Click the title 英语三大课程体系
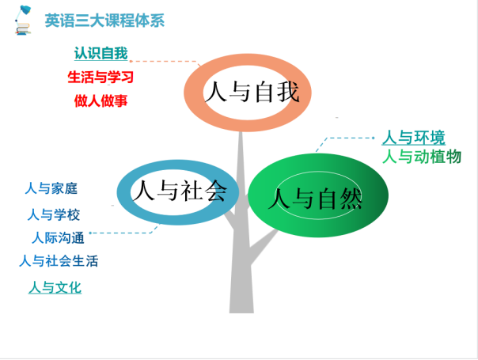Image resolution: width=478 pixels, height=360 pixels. [x=104, y=21]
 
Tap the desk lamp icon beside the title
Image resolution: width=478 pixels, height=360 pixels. [x=23, y=20]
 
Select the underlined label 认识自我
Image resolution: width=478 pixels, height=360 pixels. [x=101, y=53]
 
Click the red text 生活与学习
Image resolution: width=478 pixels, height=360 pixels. [x=101, y=77]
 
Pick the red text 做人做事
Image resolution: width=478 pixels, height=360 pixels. [x=101, y=100]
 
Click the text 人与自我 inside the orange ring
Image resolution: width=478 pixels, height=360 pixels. [x=252, y=92]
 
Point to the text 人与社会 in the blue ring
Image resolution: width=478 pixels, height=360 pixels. [x=180, y=190]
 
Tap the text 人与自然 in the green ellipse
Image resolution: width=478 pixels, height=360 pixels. [x=315, y=199]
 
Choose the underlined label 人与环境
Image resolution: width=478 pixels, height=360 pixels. [x=414, y=138]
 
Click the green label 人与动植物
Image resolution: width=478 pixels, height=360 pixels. [x=422, y=157]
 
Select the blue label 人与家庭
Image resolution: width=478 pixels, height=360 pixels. [x=51, y=188]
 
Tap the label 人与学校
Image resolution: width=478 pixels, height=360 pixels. [x=54, y=214]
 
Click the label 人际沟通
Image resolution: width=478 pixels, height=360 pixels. [x=58, y=238]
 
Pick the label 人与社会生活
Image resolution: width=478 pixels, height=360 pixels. [x=59, y=261]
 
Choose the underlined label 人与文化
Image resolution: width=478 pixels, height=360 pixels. [x=55, y=287]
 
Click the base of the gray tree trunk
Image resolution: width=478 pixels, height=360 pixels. [x=241, y=308]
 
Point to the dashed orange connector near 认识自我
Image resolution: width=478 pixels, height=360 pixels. [x=165, y=61]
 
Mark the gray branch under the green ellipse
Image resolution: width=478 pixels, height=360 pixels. [x=264, y=245]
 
